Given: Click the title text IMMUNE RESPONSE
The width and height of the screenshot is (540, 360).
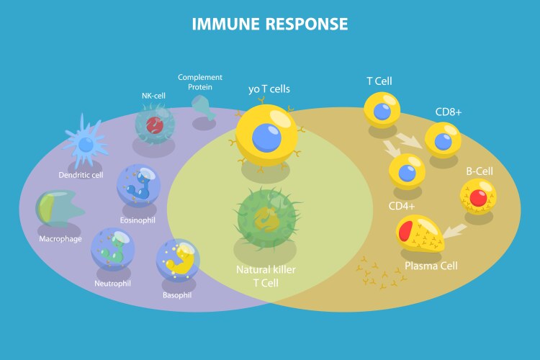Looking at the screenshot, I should pyautogui.click(x=269, y=24).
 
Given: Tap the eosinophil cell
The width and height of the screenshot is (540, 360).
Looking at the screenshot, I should pyautogui.click(x=138, y=186).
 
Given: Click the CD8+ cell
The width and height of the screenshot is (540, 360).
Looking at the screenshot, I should pyautogui.click(x=441, y=140).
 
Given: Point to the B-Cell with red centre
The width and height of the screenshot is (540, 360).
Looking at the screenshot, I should pyautogui.click(x=478, y=197).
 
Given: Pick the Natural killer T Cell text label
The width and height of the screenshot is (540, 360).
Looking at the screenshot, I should pyautogui.click(x=266, y=276).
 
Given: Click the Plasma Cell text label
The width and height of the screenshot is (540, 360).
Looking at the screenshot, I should pyautogui.click(x=431, y=265).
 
